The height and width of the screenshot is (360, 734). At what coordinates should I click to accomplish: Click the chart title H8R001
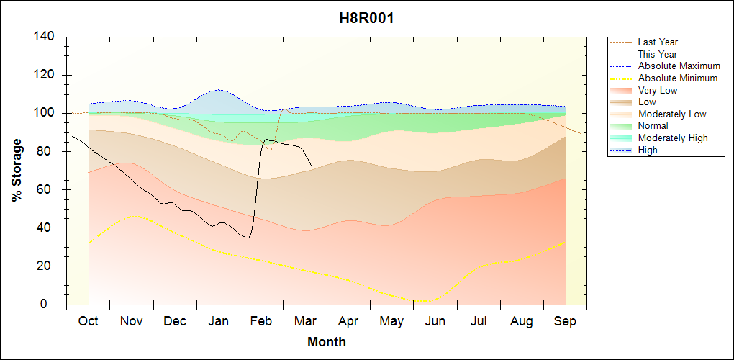366,18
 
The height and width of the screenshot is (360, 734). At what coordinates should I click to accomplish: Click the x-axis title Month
327,342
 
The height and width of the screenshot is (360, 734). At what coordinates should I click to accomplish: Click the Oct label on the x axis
88,322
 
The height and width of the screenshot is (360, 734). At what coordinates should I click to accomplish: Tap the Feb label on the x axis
261,322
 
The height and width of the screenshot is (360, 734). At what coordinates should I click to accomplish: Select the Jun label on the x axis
435,322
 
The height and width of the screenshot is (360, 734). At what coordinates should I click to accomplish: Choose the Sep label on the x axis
565,322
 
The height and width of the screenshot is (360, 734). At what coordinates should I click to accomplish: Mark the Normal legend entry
653,126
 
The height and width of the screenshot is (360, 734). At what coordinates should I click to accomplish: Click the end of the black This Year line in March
312,168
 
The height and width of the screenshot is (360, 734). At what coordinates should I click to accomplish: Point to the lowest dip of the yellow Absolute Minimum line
422,301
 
